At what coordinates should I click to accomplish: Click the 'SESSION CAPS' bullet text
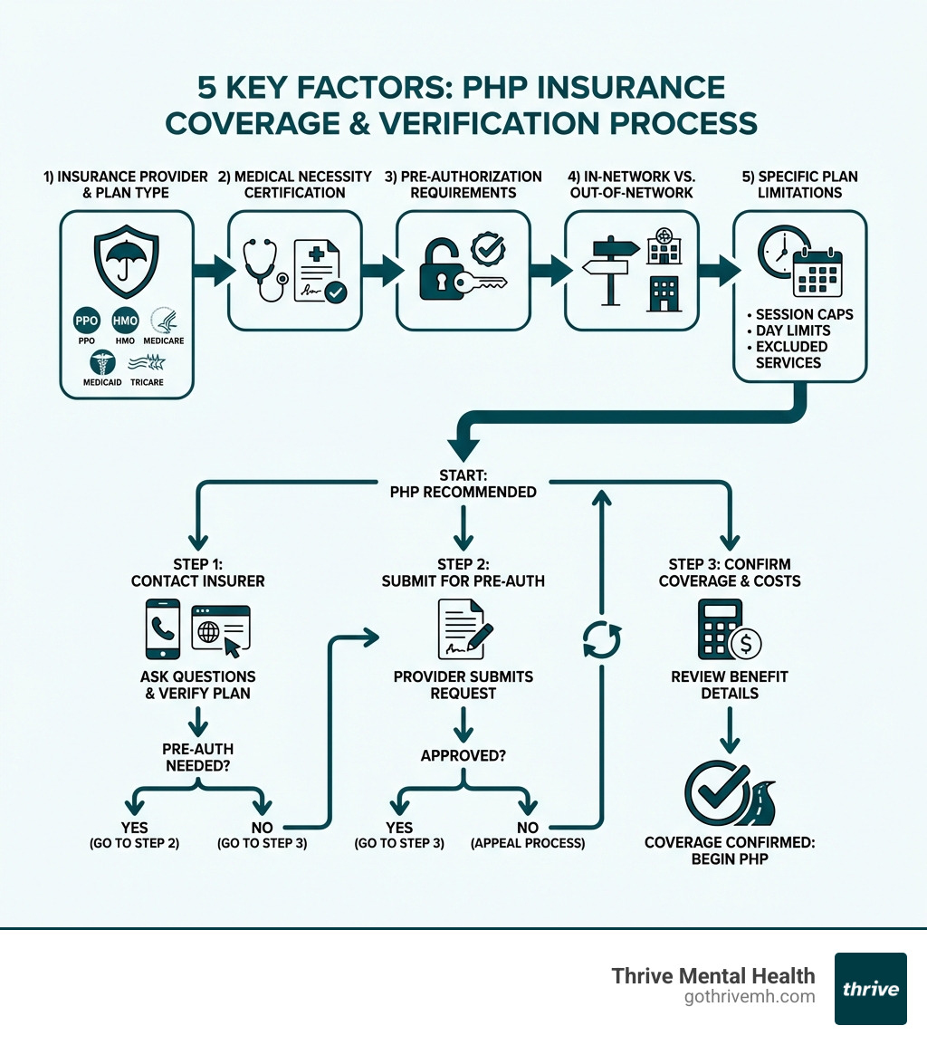click(804, 314)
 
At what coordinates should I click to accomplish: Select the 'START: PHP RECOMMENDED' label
click(463, 484)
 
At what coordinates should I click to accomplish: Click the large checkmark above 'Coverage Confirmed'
click(717, 791)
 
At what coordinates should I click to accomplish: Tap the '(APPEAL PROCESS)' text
click(528, 842)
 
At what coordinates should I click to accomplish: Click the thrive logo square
click(870, 988)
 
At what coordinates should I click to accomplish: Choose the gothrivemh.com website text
click(750, 997)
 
